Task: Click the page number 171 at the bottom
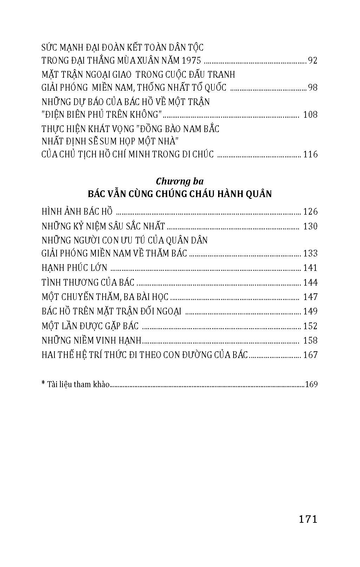coord(308,519)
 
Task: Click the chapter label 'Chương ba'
coord(180,181)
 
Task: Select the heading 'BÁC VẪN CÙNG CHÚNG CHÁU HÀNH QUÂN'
coord(180,194)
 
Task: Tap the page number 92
coord(312,61)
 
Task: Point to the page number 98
coord(312,87)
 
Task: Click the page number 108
coord(310,115)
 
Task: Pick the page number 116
coord(310,154)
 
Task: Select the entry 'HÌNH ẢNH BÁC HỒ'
coord(77,211)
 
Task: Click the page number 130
coord(310,226)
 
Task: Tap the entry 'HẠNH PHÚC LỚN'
coord(74,268)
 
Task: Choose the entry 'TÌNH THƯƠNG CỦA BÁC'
coord(88,282)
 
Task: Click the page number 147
coord(310,297)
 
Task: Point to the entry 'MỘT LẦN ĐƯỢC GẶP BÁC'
coord(90,326)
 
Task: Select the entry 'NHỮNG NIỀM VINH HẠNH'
coord(91,340)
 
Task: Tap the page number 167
coord(310,355)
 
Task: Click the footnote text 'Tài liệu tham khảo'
coord(78,384)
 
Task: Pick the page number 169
coord(312,384)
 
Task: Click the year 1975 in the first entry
coord(189,61)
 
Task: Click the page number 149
coord(310,311)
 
